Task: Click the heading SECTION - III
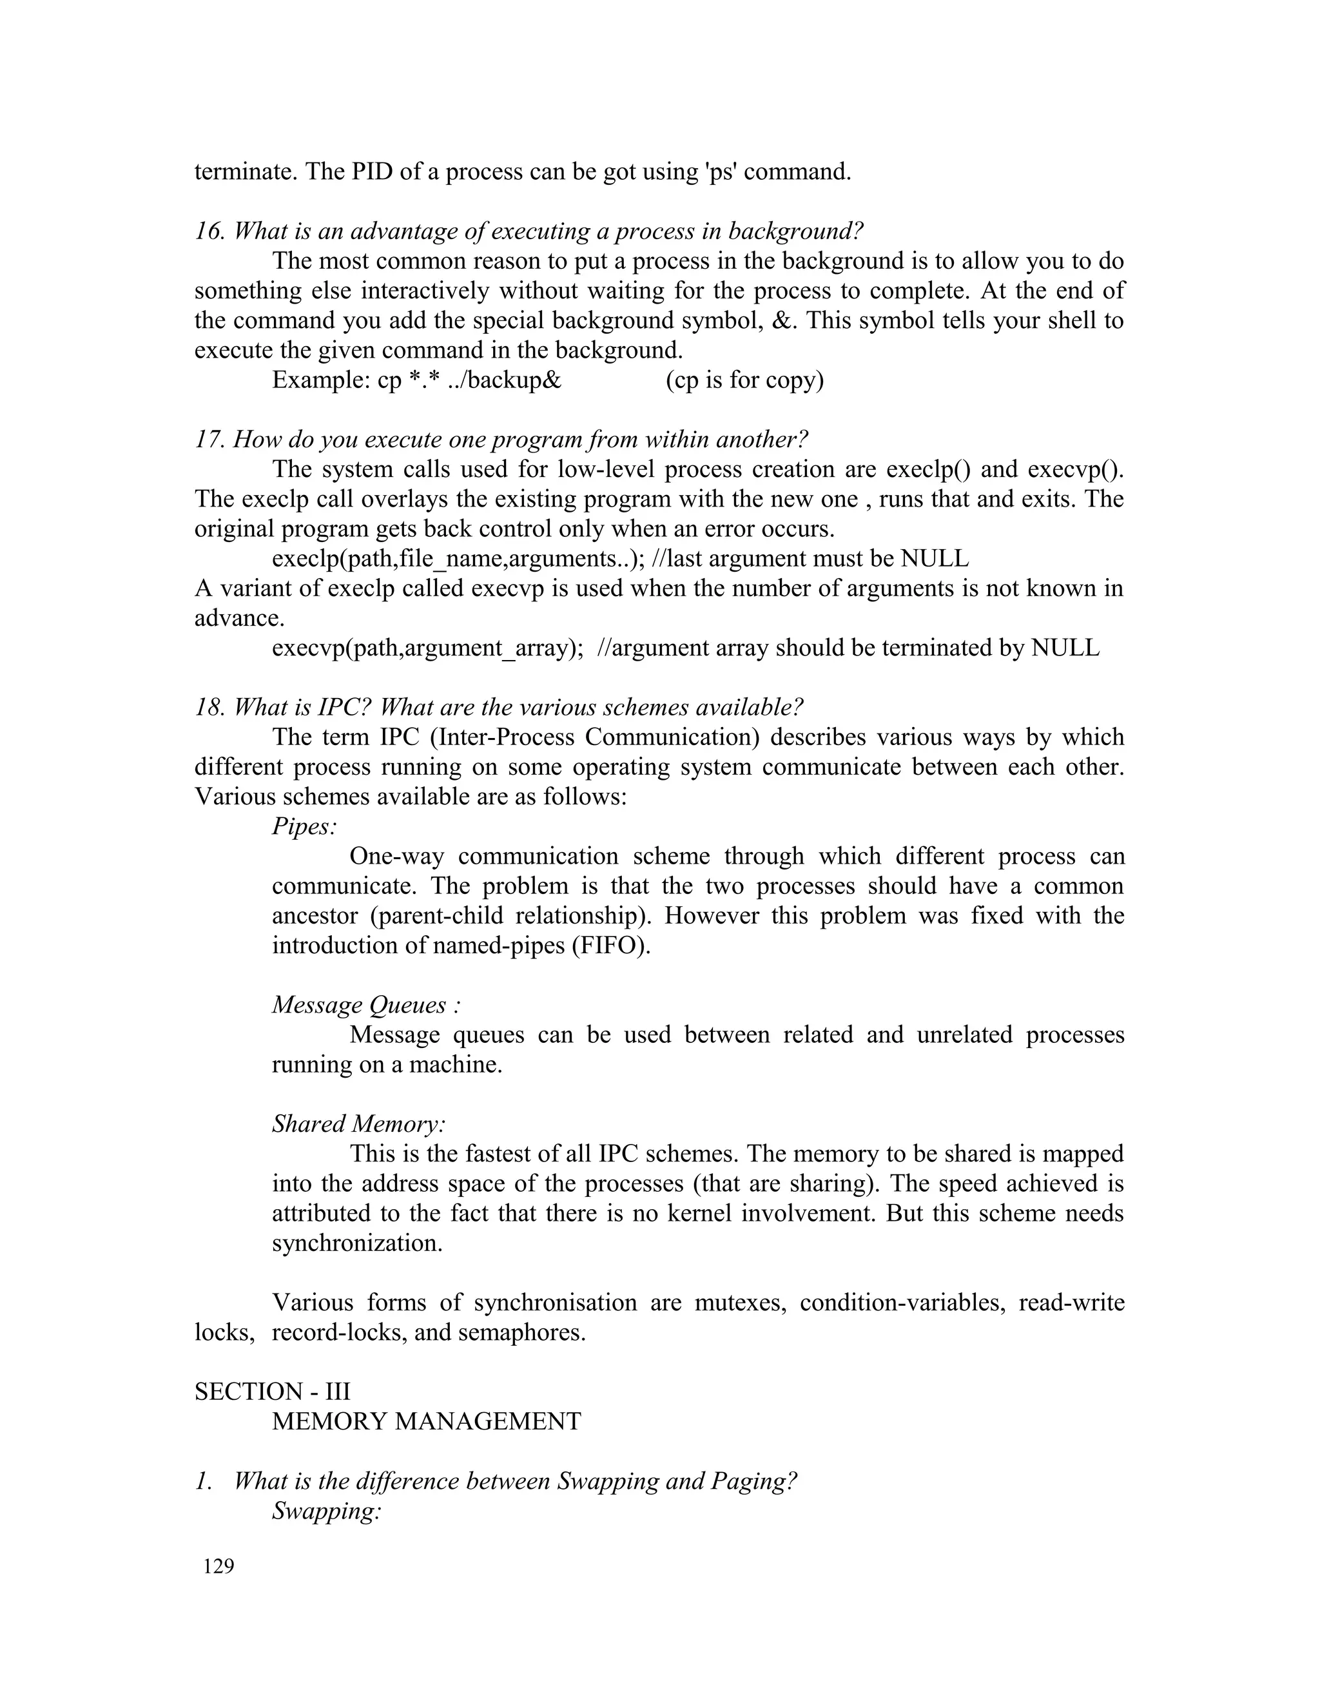coord(272,1392)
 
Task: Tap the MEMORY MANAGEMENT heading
coord(426,1421)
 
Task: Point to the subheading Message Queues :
coord(366,1005)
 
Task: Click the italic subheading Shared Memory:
coord(359,1124)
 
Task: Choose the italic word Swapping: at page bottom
coord(326,1511)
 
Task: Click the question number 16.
coord(209,231)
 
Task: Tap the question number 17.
coord(209,440)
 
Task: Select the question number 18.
coord(209,708)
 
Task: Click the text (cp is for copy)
coord(744,380)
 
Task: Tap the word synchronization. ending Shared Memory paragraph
coord(357,1243)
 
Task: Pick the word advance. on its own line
coord(239,619)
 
